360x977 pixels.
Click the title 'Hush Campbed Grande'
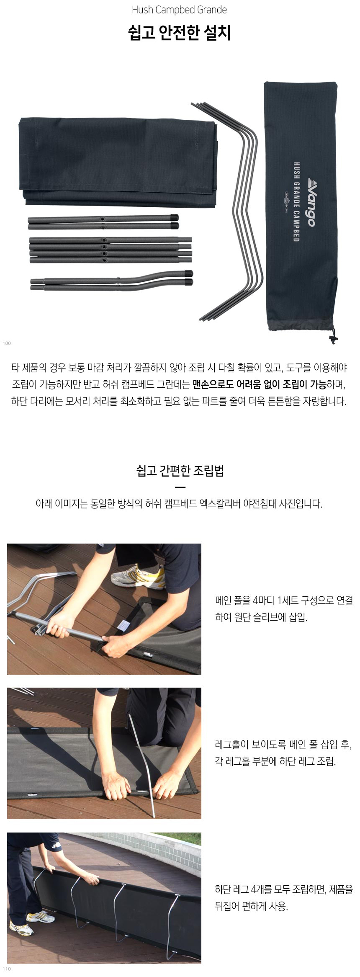click(179, 10)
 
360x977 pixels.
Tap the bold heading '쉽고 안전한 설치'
click(180, 33)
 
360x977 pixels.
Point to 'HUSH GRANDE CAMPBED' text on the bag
click(296, 202)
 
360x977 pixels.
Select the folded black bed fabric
click(118, 162)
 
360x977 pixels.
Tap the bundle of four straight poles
click(110, 250)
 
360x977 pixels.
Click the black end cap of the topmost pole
click(174, 218)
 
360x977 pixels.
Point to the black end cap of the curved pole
click(189, 278)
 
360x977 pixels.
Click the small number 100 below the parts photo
click(7, 343)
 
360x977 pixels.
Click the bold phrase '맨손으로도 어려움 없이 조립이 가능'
click(260, 384)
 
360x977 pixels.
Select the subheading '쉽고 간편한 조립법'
click(180, 471)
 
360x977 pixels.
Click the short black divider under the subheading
click(180, 487)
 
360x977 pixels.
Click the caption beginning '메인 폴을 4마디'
click(284, 609)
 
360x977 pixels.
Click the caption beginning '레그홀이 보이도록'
click(283, 753)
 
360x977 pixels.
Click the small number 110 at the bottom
click(7, 969)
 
